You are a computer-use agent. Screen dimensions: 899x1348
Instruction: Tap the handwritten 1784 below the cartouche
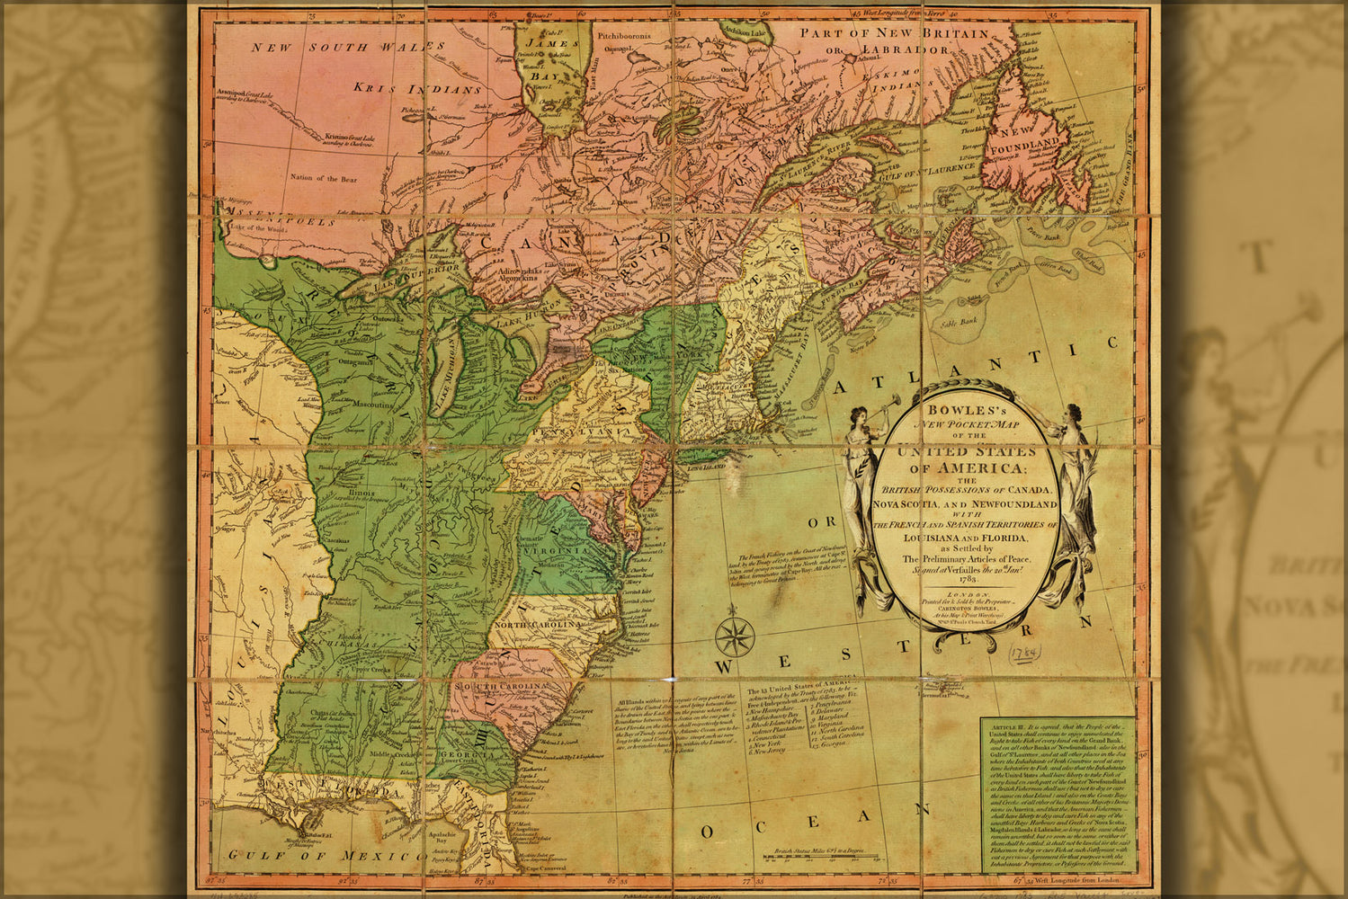(1023, 649)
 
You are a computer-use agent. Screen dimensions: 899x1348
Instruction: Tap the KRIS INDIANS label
(405, 89)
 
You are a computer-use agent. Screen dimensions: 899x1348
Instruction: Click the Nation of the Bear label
(323, 179)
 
